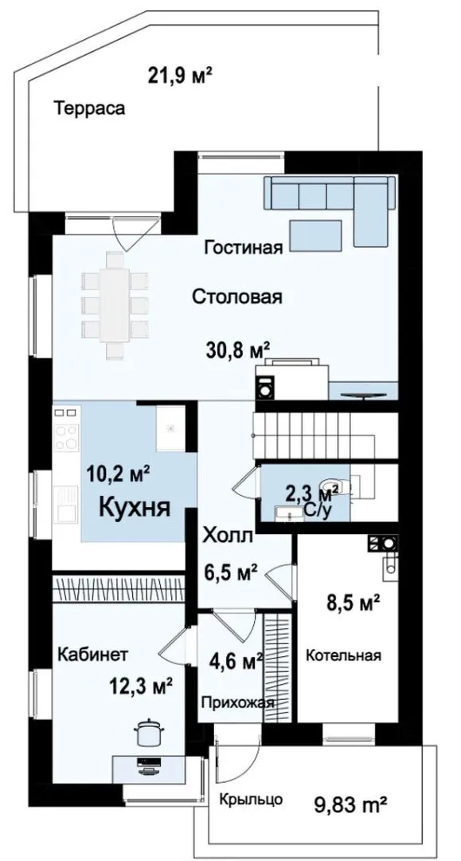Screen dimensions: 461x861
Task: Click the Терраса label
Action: [89, 108]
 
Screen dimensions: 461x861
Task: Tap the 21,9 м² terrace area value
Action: [180, 75]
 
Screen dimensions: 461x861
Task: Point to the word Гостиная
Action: [244, 248]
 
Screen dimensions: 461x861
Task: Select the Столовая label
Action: [236, 297]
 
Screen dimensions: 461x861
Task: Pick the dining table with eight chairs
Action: [115, 305]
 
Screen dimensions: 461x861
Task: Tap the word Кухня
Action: [134, 508]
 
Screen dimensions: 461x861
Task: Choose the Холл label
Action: [228, 536]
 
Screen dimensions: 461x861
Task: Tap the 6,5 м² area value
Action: [231, 573]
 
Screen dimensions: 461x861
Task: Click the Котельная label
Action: [343, 655]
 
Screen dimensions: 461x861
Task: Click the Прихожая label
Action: [237, 703]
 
